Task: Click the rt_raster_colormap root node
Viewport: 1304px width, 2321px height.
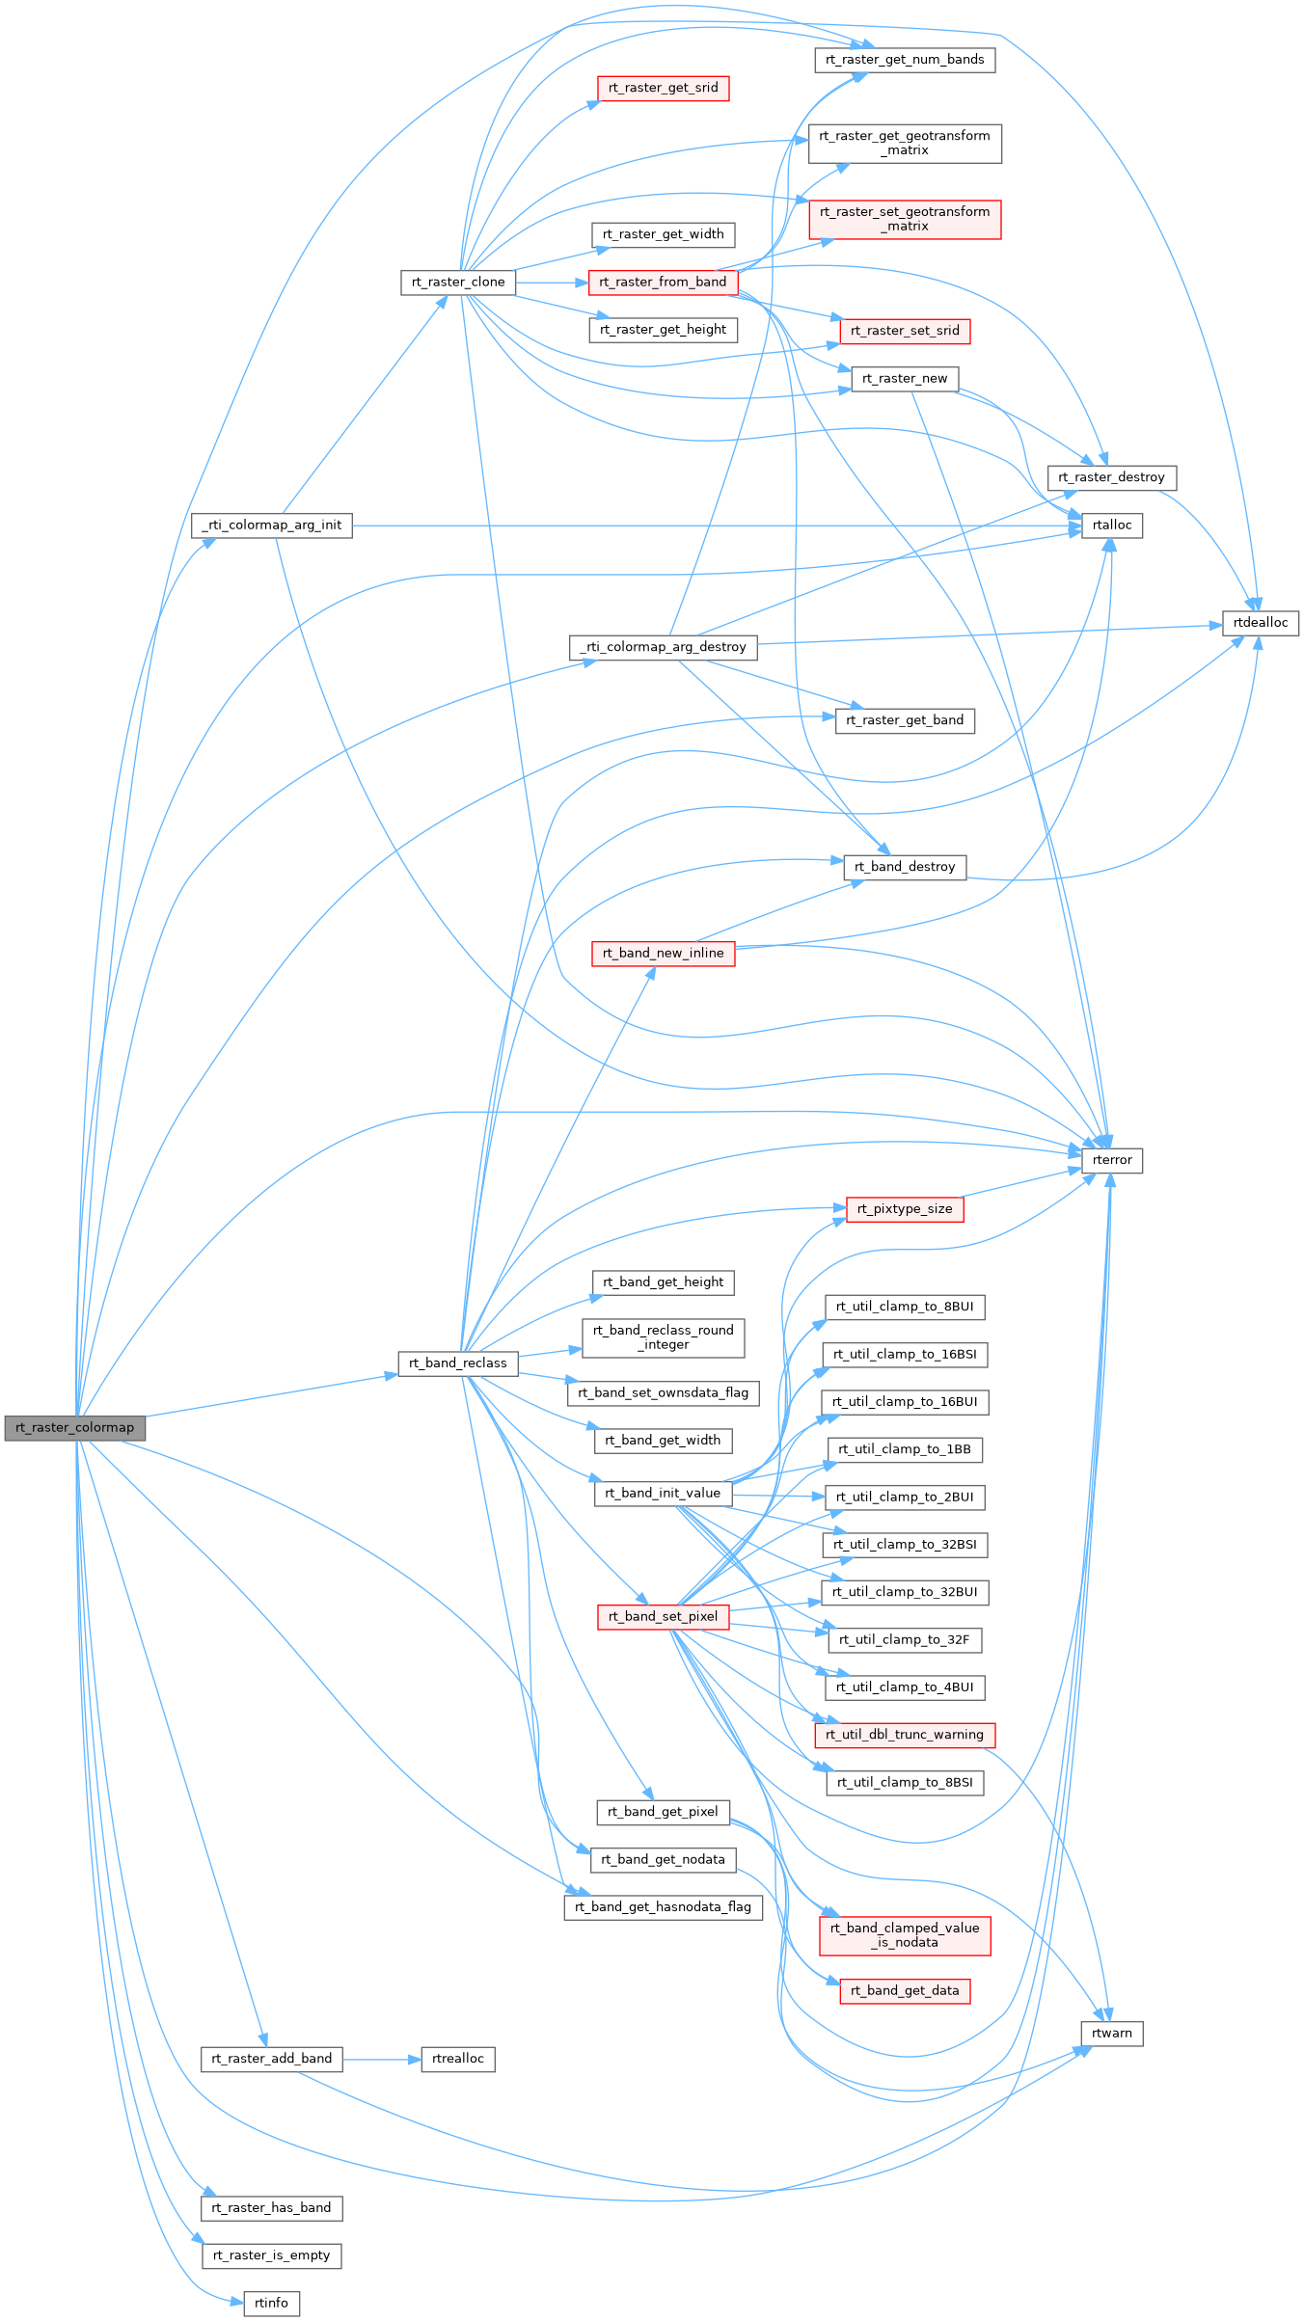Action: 75,1428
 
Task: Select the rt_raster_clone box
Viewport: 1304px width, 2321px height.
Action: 458,283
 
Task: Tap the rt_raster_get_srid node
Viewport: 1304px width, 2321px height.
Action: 663,88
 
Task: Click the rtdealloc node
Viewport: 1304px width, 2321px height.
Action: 1260,623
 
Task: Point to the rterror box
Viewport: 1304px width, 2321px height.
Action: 1111,1160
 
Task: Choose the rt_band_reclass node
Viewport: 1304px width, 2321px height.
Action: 457,1363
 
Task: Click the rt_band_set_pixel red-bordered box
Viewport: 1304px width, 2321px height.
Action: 663,1617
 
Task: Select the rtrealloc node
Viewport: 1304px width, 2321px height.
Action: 458,2059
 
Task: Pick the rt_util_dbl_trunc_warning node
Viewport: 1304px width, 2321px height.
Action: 904,1735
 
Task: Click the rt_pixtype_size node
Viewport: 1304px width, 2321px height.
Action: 904,1209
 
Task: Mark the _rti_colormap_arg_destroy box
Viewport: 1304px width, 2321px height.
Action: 663,647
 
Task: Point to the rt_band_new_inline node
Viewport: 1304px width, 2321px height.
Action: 663,954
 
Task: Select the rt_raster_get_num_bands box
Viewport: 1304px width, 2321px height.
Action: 904,60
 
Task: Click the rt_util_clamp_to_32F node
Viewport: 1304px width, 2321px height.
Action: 904,1640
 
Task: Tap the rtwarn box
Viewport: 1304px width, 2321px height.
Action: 1111,2034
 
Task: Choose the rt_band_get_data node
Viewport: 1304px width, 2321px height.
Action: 904,1991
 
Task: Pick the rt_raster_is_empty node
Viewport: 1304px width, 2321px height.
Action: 271,2255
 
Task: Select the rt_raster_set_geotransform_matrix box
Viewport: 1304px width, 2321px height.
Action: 904,220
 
